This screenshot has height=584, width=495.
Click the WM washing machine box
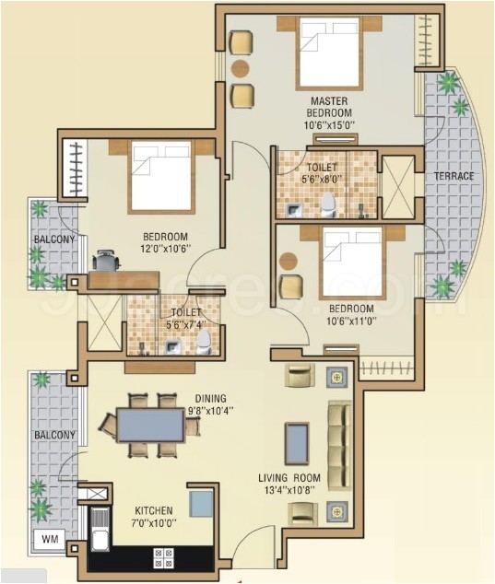click(49, 539)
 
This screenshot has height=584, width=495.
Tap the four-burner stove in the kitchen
click(163, 557)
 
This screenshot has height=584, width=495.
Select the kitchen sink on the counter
click(100, 530)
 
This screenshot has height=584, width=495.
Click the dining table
click(150, 425)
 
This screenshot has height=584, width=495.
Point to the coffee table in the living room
click(297, 444)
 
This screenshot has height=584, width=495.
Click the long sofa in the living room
click(339, 446)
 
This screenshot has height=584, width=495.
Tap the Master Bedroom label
click(329, 107)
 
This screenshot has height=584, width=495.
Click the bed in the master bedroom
click(329, 53)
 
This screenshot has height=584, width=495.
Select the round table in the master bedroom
click(240, 68)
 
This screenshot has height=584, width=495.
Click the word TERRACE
click(454, 176)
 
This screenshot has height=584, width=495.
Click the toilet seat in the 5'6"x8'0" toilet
click(328, 205)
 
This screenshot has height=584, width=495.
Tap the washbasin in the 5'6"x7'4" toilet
click(171, 348)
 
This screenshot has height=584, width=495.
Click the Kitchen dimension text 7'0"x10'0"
click(154, 523)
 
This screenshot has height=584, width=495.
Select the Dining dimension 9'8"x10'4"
click(211, 411)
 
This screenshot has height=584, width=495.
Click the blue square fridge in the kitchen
click(201, 504)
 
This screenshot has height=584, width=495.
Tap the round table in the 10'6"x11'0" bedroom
click(289, 261)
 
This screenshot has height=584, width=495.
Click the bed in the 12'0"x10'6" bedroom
click(161, 177)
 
